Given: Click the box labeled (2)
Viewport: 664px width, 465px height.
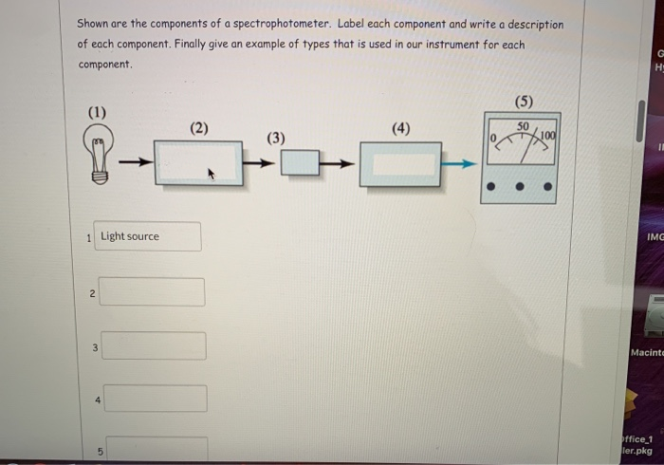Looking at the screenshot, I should coord(197,163).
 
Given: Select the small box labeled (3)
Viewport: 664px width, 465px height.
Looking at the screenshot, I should coord(300,163).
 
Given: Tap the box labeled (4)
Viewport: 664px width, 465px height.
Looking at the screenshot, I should coord(399,164).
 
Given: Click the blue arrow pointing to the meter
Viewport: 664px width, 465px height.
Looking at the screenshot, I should coord(460,164).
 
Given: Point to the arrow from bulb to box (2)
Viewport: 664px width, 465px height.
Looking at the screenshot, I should coord(137,163).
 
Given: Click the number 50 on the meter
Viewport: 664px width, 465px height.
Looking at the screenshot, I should coord(523,126).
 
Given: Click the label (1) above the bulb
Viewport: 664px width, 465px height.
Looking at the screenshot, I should coord(98,113).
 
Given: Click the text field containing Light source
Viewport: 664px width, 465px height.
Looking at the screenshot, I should coord(150,236).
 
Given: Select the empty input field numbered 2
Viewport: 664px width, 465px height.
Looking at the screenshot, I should coord(152,291).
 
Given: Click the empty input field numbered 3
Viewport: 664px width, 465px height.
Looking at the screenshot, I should coord(154,345).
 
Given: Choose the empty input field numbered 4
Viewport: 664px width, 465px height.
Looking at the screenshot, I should coord(156,399).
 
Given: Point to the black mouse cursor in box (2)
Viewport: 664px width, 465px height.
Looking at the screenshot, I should coord(212,175).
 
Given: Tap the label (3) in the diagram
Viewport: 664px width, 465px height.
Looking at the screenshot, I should coord(275,138).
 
